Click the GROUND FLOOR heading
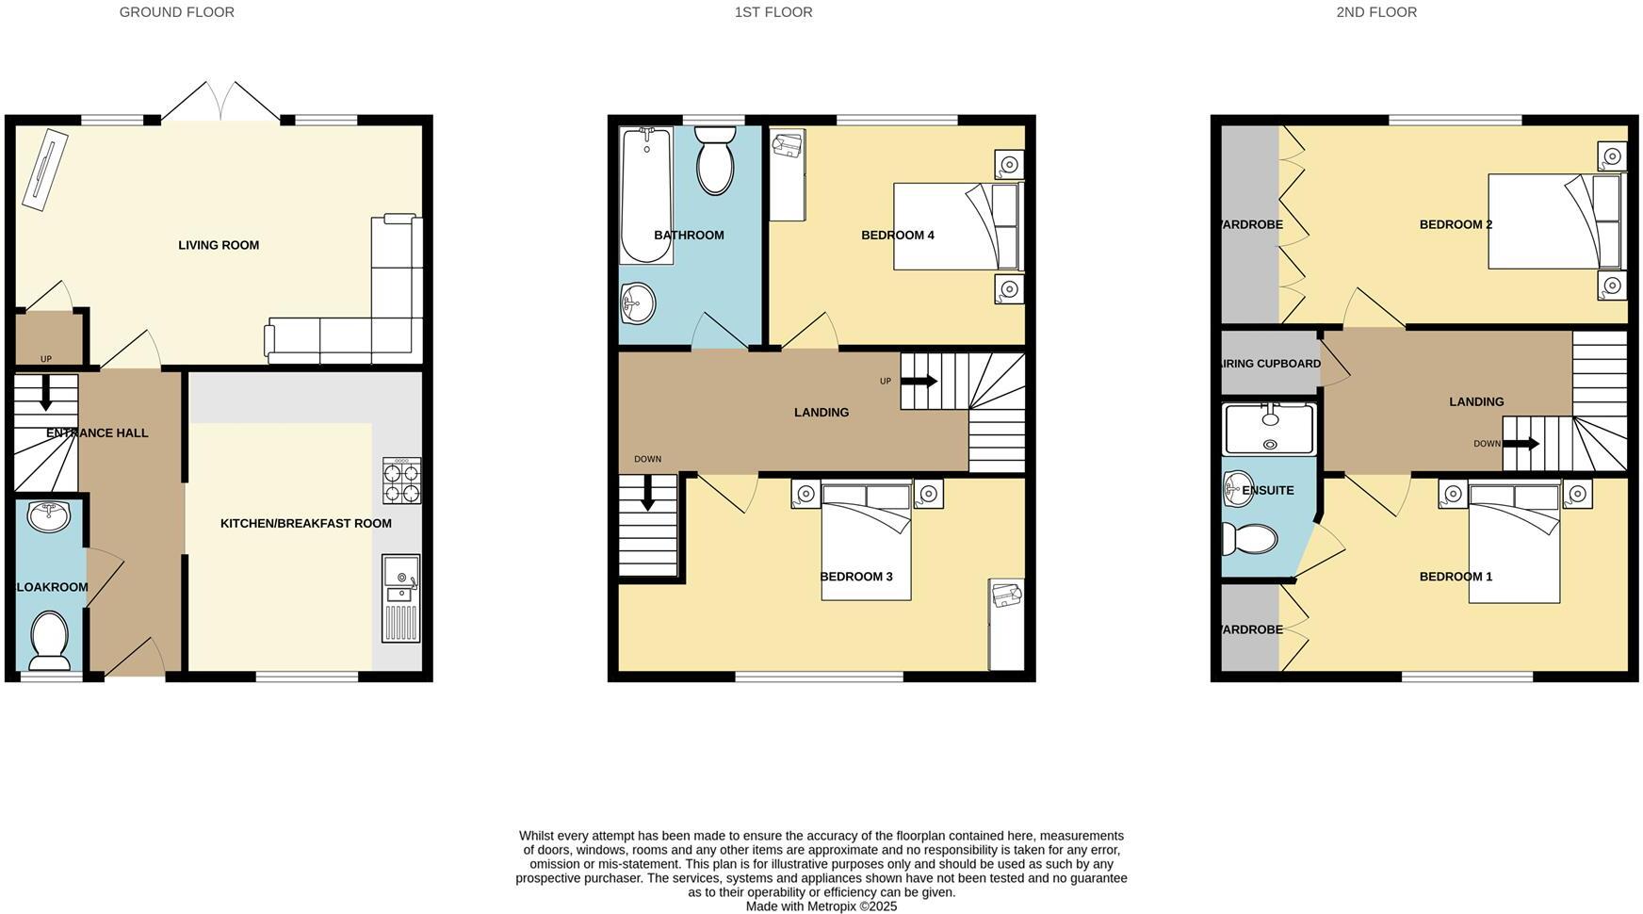176,12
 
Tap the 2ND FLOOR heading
1375,12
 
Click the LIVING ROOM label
219,245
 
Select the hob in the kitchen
401,481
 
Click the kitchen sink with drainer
401,598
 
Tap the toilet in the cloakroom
49,638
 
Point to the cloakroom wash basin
49,516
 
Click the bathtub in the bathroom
645,195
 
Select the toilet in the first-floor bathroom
716,162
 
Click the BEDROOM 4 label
897,236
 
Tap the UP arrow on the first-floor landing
919,382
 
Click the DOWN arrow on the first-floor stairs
648,493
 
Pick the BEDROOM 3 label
855,577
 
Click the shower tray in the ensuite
1269,429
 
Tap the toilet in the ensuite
1249,539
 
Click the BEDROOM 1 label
1456,577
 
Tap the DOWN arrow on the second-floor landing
1521,444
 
